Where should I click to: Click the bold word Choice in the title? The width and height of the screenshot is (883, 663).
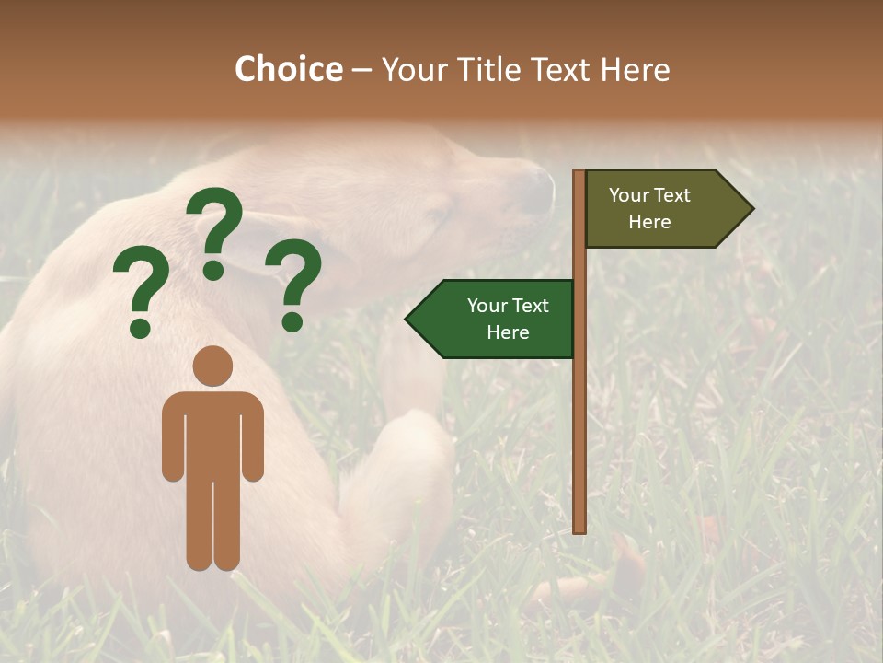point(288,69)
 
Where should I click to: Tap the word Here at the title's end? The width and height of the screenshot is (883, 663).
point(635,69)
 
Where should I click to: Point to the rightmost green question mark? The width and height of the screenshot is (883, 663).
point(294,283)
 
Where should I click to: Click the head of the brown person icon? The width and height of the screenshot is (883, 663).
point(212,366)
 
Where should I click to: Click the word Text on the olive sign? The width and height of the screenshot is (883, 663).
point(671,195)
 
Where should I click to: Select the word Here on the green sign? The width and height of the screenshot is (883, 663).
point(508,332)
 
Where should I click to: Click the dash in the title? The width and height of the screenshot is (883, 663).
point(361,70)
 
